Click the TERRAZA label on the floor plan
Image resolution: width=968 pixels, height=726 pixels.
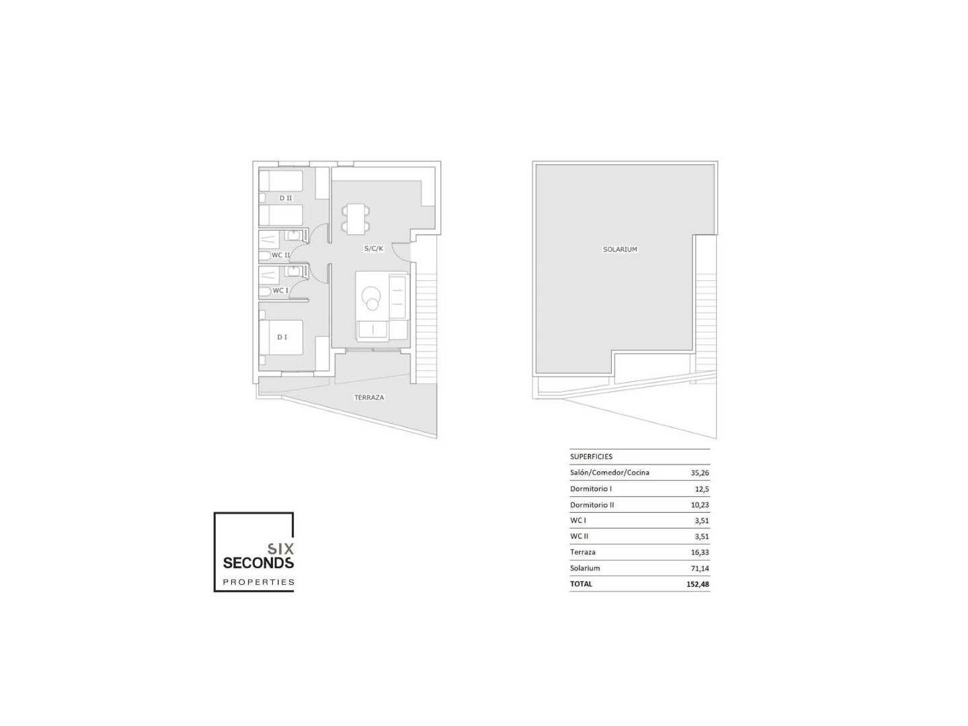[x=368, y=397]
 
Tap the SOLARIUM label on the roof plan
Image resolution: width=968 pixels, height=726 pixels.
[x=620, y=249]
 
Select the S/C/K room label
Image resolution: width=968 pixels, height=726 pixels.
[x=373, y=249]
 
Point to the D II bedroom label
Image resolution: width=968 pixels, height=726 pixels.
[x=285, y=198]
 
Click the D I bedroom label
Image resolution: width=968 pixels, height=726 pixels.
[x=282, y=337]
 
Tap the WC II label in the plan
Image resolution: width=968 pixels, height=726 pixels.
[x=280, y=255]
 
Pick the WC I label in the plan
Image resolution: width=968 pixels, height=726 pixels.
[x=280, y=290]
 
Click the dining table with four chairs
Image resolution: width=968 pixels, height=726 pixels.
[x=356, y=219]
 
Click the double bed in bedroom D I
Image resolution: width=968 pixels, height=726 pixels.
[x=281, y=337]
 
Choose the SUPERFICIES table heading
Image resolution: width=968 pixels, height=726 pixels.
[x=591, y=456]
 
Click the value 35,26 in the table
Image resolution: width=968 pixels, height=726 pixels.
[x=699, y=473]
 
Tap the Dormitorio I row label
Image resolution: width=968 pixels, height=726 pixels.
[x=590, y=489]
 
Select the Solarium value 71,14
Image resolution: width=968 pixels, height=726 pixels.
[x=699, y=568]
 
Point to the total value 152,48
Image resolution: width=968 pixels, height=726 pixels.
[x=698, y=585]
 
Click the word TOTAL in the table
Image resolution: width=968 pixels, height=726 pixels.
[x=581, y=584]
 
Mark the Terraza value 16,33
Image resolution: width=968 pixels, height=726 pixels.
[x=699, y=553]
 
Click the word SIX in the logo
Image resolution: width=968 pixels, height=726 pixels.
[x=280, y=549]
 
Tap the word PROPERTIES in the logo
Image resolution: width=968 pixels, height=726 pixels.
[x=258, y=582]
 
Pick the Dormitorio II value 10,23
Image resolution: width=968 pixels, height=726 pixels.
[x=699, y=505]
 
